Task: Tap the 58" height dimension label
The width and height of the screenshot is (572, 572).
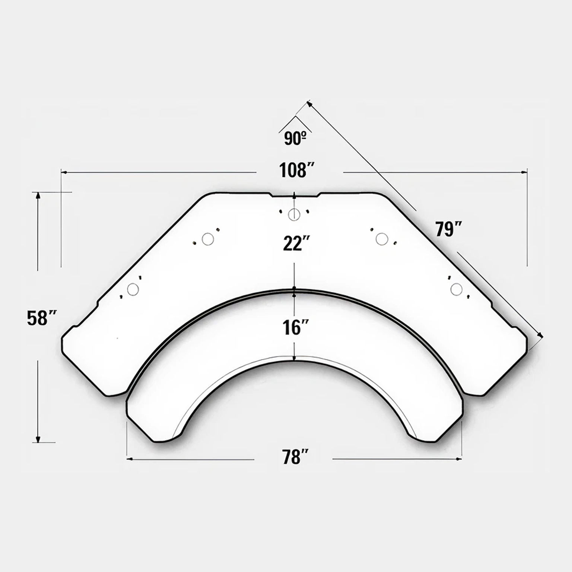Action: pos(41,318)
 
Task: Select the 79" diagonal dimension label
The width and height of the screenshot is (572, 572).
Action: pos(449,229)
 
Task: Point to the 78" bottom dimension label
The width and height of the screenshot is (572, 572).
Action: pos(296,457)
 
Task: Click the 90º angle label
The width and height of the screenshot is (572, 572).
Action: pos(295,138)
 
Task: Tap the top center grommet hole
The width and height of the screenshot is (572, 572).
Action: pos(294,214)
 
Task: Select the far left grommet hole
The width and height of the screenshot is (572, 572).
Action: pos(133,289)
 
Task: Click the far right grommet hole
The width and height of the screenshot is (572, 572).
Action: pos(456,289)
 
